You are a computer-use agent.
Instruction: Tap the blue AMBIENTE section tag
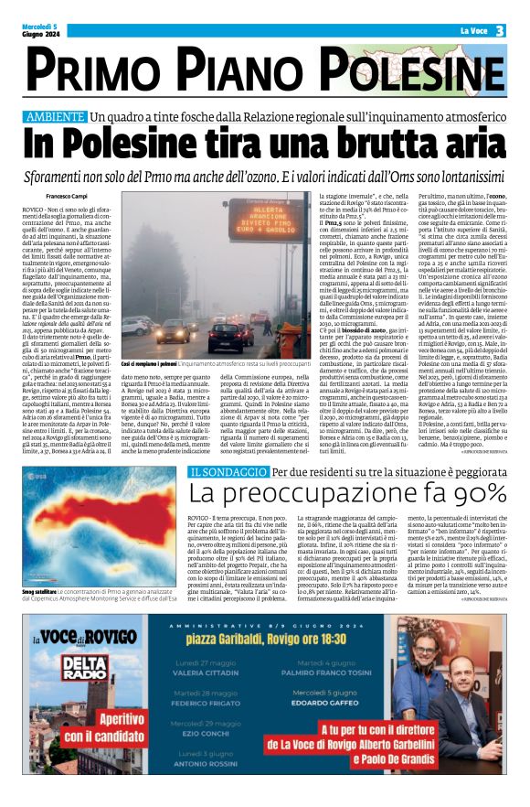[64, 117]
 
